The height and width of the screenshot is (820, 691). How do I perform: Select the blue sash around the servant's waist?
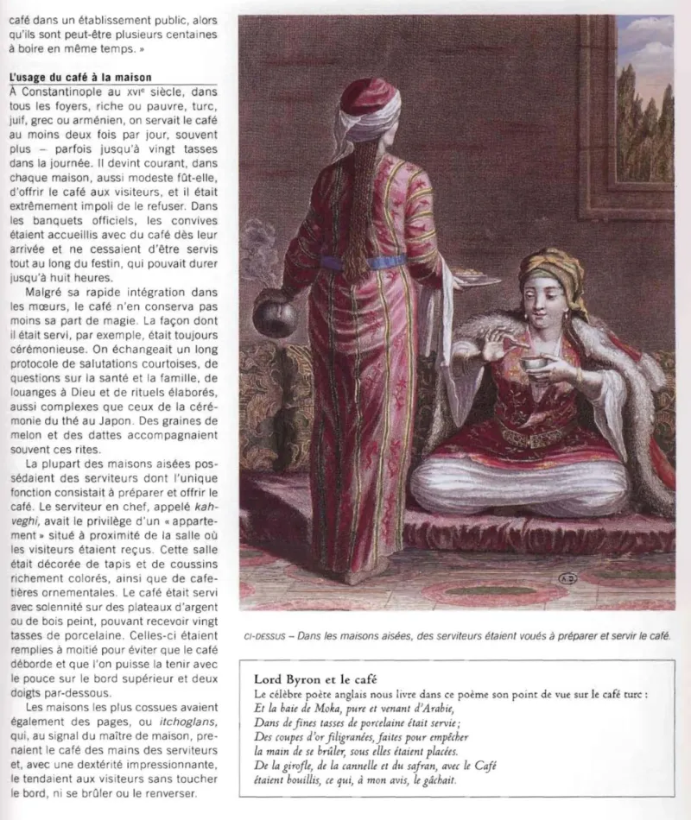[367, 262]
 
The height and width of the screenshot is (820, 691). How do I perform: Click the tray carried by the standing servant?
[476, 279]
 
